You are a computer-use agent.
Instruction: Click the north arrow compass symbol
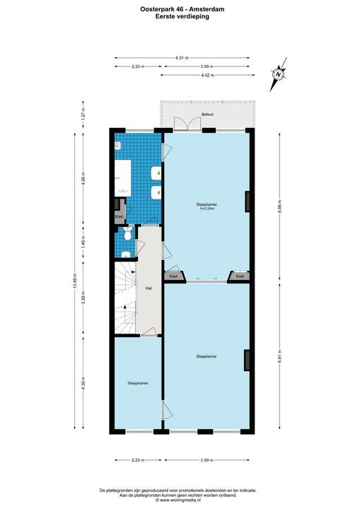279,73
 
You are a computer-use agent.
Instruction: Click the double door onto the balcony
181,125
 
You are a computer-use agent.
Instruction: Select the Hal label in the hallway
149,288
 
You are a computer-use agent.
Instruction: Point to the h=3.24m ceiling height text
207,209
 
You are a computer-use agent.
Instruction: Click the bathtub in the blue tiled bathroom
122,177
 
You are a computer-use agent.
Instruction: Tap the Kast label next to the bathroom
120,216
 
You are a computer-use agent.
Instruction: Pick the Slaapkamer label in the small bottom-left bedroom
137,382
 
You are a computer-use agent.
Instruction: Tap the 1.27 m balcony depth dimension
83,113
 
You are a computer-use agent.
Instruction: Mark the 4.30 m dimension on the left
83,386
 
